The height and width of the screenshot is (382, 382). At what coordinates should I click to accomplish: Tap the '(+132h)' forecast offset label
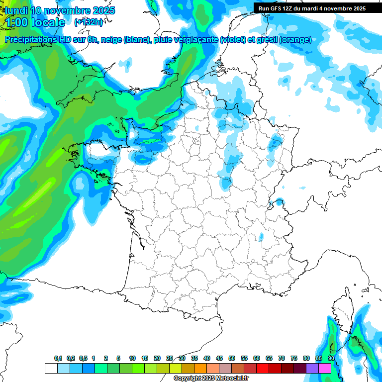tap(89, 22)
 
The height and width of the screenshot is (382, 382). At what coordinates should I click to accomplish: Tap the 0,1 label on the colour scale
tap(58, 359)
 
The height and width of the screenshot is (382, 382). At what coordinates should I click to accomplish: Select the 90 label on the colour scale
tap(331, 359)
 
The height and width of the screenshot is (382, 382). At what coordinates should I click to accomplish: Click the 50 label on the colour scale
tap(232, 359)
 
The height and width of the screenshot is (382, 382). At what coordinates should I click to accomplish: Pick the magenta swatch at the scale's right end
tap(325, 368)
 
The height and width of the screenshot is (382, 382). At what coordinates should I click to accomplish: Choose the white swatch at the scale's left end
tap(51, 368)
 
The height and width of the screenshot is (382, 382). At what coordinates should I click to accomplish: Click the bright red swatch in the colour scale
tap(263, 368)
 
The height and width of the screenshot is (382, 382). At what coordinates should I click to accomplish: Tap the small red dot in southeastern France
tap(261, 236)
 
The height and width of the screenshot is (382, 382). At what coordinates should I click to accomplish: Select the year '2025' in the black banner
tap(357, 8)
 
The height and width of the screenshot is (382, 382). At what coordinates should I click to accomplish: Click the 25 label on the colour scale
tap(170, 359)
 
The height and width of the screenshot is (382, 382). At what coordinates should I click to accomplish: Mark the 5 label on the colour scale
tap(118, 359)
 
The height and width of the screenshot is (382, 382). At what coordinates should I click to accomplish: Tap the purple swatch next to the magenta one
tap(312, 368)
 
